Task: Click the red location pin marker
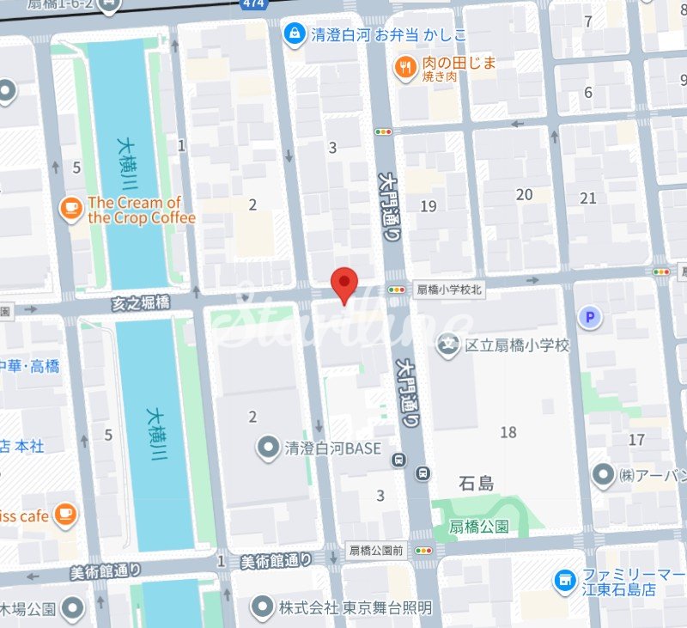click(344, 284)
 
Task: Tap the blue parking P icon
click(589, 319)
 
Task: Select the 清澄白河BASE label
click(332, 448)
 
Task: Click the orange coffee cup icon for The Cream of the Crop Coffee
click(71, 209)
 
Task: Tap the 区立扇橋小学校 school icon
click(447, 345)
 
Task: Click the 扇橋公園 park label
click(479, 526)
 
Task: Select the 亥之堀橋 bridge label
click(141, 302)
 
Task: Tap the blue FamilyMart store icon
click(565, 582)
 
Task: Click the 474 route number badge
click(252, 5)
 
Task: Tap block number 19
click(429, 206)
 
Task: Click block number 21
click(588, 198)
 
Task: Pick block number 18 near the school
click(508, 432)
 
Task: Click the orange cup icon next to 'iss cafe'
click(64, 515)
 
